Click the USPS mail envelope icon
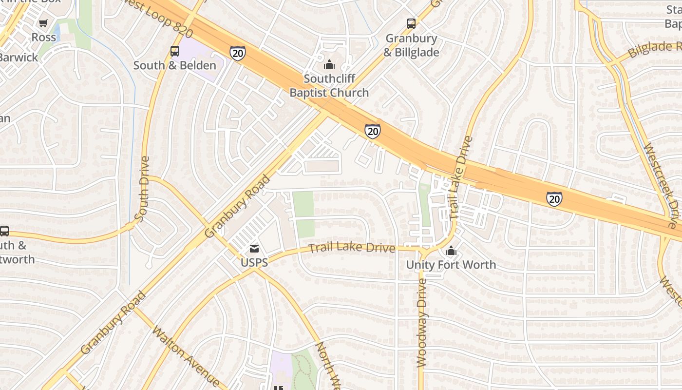click(254, 249)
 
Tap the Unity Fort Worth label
click(451, 265)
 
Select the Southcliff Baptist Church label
click(329, 85)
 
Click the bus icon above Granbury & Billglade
click(411, 23)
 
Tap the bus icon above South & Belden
click(174, 51)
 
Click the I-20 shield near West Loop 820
click(237, 53)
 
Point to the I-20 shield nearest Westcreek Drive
click(554, 198)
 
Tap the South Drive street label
click(142, 189)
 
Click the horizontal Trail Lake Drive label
click(352, 248)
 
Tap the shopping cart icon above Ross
click(43, 23)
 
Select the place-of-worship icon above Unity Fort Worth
click(451, 251)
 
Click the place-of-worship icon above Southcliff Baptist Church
click(329, 64)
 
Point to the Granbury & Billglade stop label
click(412, 45)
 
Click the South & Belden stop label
click(174, 65)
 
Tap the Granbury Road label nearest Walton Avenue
click(114, 322)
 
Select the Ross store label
click(44, 37)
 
